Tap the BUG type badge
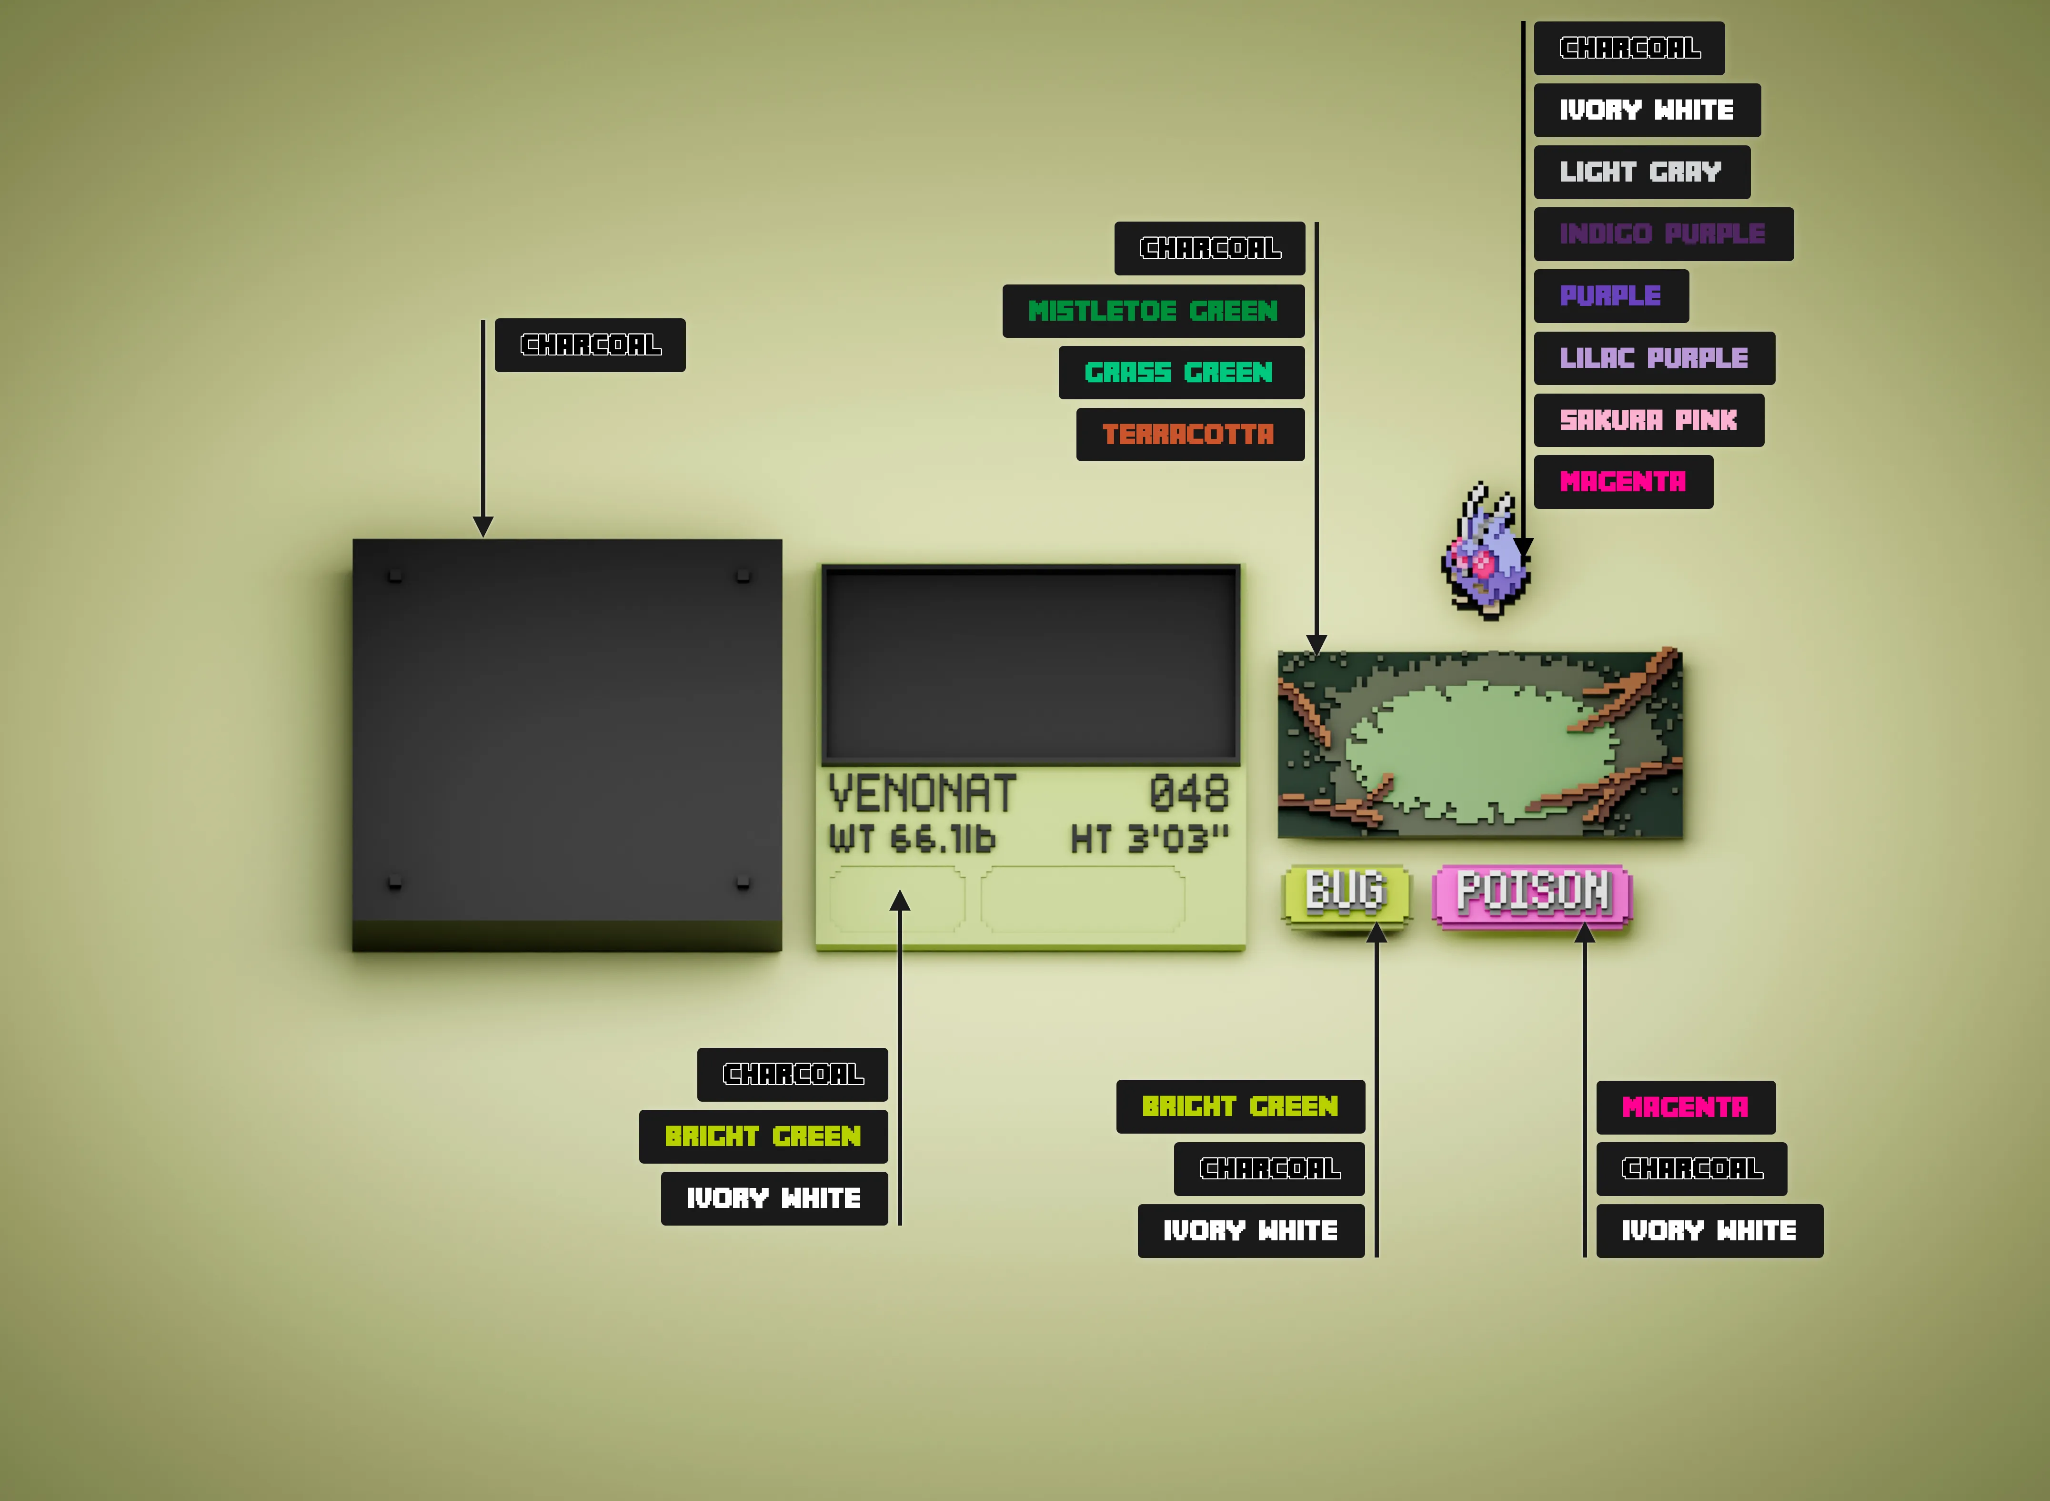pyautogui.click(x=1346, y=895)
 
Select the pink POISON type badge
pyautogui.click(x=1532, y=895)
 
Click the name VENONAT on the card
pyautogui.click(x=922, y=794)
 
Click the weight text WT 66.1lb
pyautogui.click(x=912, y=839)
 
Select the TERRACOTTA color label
pyautogui.click(x=1190, y=434)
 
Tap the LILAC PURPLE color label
pyautogui.click(x=1654, y=358)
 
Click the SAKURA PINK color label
pyautogui.click(x=1648, y=420)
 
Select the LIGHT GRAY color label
pyautogui.click(x=1641, y=172)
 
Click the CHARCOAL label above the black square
pyautogui.click(x=591, y=345)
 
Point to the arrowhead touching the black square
pyautogui.click(x=483, y=526)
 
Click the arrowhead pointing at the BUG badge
pyautogui.click(x=1377, y=932)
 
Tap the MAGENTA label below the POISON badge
pyautogui.click(x=1686, y=1106)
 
